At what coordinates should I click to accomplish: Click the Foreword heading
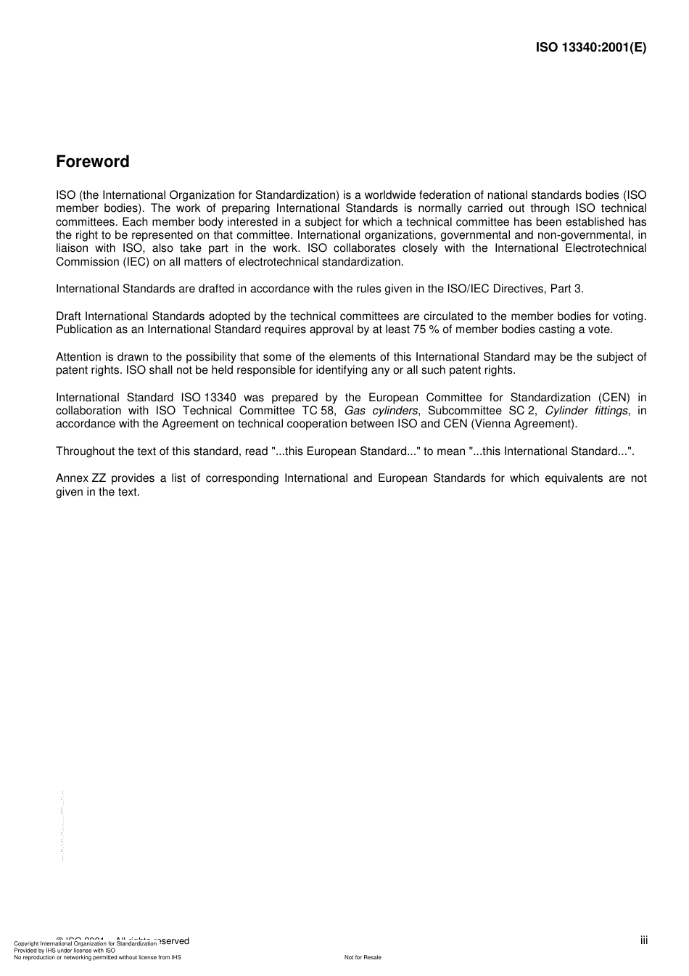[x=92, y=162]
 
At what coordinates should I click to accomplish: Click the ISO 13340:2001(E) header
[x=590, y=48]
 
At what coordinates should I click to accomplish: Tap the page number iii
[x=643, y=940]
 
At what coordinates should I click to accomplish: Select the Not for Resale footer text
[x=363, y=957]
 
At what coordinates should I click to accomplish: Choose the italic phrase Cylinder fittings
[x=585, y=411]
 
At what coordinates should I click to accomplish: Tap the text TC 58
[x=318, y=411]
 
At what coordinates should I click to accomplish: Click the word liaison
[x=73, y=248]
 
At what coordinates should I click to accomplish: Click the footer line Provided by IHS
[x=65, y=950]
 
